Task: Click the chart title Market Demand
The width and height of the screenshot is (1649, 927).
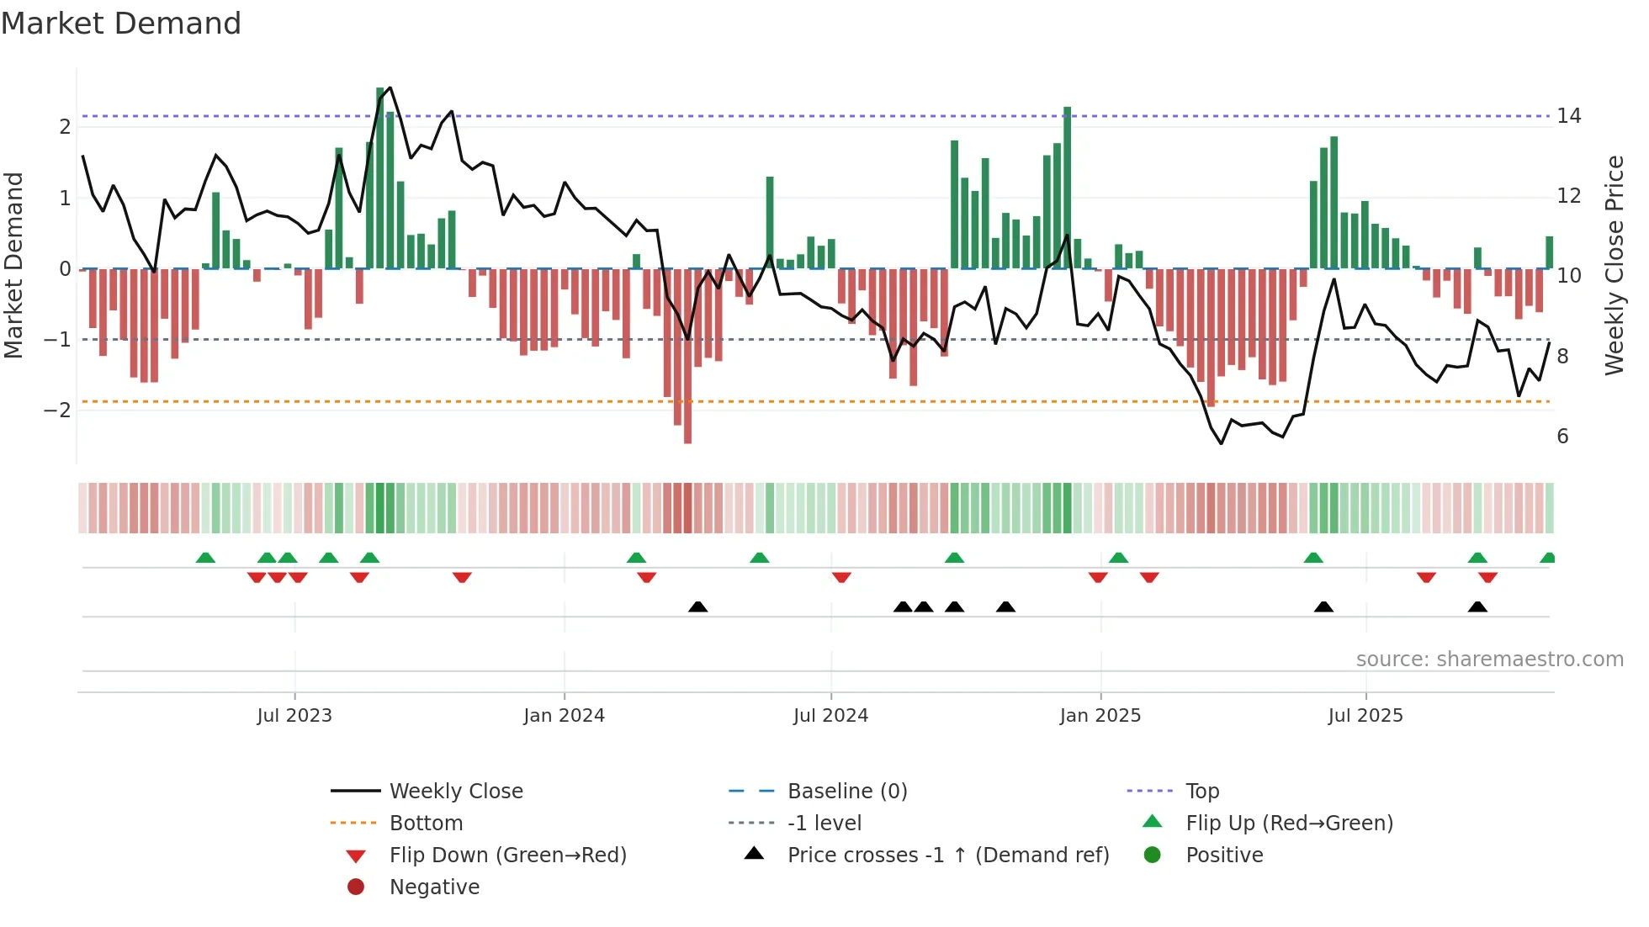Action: tap(121, 24)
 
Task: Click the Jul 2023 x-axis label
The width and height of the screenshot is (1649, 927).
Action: tap(294, 716)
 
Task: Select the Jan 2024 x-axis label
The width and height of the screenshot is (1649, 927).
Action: tap(564, 716)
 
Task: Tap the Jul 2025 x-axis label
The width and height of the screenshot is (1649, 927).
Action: tap(1365, 716)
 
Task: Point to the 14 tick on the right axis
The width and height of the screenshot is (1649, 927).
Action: tap(1568, 116)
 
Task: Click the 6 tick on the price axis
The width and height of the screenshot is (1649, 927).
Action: tap(1562, 437)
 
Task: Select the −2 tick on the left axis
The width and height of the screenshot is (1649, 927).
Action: tap(58, 411)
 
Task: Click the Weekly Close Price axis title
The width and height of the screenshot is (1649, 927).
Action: tap(1614, 265)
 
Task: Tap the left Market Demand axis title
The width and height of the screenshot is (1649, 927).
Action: tap(13, 265)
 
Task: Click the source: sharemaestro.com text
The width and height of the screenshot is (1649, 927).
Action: tap(1489, 659)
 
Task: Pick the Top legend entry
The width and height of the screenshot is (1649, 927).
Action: tap(1202, 792)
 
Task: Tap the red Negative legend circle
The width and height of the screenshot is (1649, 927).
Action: tap(356, 887)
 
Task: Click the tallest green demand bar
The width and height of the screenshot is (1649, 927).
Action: tap(380, 177)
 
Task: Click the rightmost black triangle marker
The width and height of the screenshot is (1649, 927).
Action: tap(1477, 607)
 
